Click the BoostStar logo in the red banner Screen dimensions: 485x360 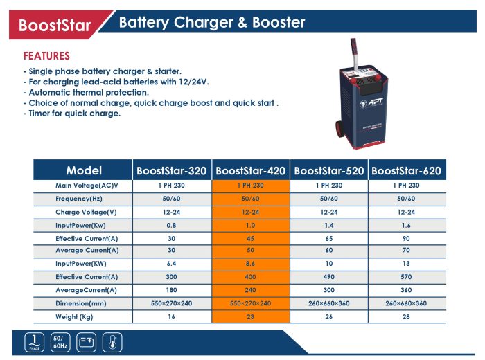click(x=55, y=25)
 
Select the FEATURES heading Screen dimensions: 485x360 click(x=46, y=56)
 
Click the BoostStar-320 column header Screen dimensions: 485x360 click(x=171, y=170)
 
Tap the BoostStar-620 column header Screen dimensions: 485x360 click(x=406, y=170)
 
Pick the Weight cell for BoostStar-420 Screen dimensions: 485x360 click(x=250, y=317)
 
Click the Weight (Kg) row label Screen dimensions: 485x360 click(x=74, y=317)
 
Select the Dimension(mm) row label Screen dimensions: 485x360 click(x=81, y=303)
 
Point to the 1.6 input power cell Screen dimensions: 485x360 click(x=406, y=225)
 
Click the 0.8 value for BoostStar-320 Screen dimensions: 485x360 click(x=171, y=225)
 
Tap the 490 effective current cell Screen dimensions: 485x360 click(x=329, y=277)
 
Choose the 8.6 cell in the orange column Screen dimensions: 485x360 click(x=250, y=264)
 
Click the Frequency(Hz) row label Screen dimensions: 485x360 click(x=79, y=199)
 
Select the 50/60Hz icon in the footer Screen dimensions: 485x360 click(x=60, y=343)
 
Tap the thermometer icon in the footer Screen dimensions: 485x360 click(x=112, y=343)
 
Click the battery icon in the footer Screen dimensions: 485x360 click(x=87, y=343)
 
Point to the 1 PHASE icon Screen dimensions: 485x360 click(x=35, y=343)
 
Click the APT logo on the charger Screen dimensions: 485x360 click(x=371, y=102)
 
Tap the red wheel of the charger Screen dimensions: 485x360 click(x=339, y=129)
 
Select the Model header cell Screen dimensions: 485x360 click(x=84, y=170)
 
